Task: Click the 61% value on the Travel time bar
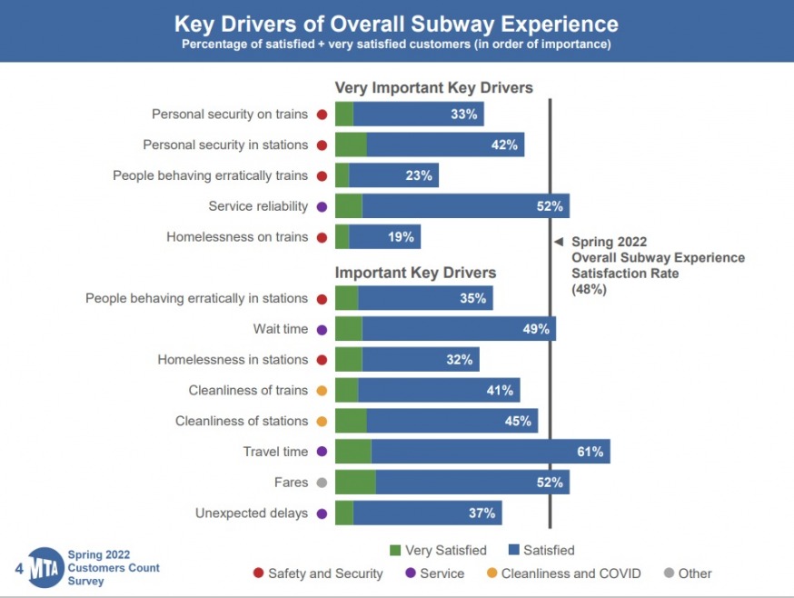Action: (591, 452)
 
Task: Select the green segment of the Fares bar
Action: (354, 483)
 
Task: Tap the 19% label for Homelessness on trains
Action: (401, 237)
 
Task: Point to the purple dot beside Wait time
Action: (322, 330)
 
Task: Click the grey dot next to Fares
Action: (322, 483)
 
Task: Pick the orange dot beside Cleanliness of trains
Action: (322, 391)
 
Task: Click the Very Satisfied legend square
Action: (394, 550)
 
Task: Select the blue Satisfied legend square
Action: (513, 550)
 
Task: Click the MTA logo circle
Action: (44, 568)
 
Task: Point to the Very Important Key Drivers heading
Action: (433, 88)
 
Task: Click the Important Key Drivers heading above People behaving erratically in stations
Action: (415, 273)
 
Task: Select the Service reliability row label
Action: (258, 206)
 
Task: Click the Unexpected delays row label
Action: (252, 513)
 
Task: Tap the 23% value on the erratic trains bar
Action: (419, 175)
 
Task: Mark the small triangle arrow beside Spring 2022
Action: (560, 243)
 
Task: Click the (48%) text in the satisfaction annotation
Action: (589, 289)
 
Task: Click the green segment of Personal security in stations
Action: (351, 145)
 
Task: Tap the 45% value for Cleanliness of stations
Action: (518, 421)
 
